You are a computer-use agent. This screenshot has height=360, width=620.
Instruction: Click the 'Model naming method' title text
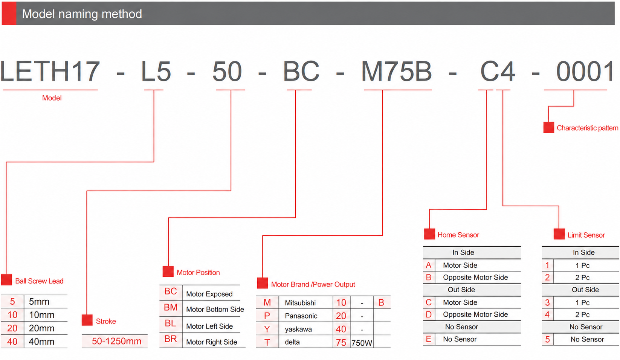82,14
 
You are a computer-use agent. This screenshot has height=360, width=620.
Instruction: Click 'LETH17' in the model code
50,71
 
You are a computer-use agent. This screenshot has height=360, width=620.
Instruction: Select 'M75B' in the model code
397,71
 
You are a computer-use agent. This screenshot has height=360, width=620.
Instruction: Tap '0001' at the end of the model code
585,71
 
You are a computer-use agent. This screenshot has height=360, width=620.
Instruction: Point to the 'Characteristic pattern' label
587,128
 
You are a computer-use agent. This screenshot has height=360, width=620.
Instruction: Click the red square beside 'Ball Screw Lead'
7,280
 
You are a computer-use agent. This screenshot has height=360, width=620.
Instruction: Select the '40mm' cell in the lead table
41,342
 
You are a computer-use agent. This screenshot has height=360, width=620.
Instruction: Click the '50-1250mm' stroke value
116,341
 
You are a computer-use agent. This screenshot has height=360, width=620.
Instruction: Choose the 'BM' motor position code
171,307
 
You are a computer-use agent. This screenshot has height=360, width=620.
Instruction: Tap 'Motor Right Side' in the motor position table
211,342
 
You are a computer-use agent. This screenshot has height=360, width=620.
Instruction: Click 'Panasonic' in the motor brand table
301,316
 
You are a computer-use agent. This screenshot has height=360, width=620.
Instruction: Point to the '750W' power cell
362,343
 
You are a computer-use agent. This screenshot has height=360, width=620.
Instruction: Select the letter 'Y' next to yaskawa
267,329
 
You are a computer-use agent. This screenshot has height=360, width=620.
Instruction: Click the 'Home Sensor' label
458,235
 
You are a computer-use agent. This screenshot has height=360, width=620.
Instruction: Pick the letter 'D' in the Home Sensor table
429,314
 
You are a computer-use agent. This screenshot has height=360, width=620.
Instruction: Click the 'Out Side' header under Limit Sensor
585,290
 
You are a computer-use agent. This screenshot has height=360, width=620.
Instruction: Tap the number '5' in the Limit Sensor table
547,340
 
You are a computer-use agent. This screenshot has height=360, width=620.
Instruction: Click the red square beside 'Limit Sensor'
559,234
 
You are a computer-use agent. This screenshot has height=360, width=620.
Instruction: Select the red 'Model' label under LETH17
52,98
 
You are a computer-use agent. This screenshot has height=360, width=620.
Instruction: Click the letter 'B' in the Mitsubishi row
381,303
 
